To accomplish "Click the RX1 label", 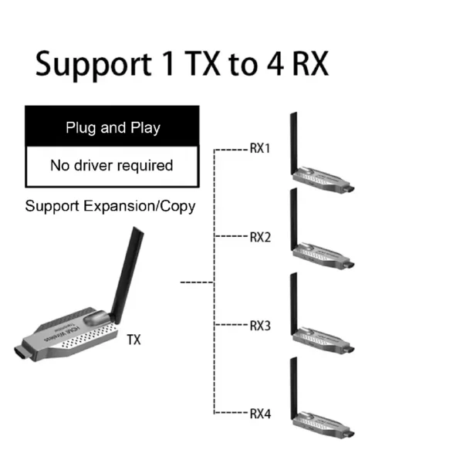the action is [x=260, y=148].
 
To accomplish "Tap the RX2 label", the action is [x=260, y=237].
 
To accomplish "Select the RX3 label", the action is [x=260, y=326].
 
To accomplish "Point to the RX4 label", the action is [x=260, y=414].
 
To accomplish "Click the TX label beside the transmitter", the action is [x=133, y=340].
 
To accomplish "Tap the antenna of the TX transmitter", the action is [x=127, y=275].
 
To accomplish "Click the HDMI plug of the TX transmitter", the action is [x=22, y=353].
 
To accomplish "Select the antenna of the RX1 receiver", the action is [x=293, y=144].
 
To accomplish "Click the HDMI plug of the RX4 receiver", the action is [x=349, y=434].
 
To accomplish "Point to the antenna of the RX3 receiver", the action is [x=293, y=304].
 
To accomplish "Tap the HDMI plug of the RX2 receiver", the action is [x=349, y=265].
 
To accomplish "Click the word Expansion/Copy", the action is [x=140, y=206].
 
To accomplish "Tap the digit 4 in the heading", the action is [x=275, y=64].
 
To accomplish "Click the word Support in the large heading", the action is [x=93, y=66].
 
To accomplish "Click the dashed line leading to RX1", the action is [x=231, y=150].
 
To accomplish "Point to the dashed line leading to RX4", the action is [x=231, y=413].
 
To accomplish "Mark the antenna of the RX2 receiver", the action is [x=293, y=219].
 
